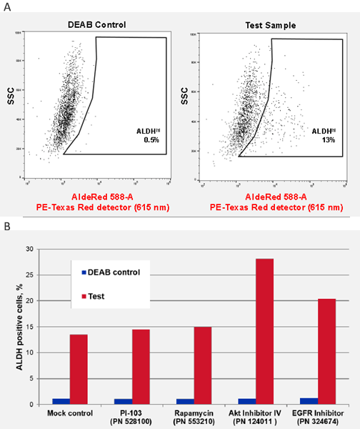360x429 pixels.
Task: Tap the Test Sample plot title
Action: (x=271, y=24)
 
